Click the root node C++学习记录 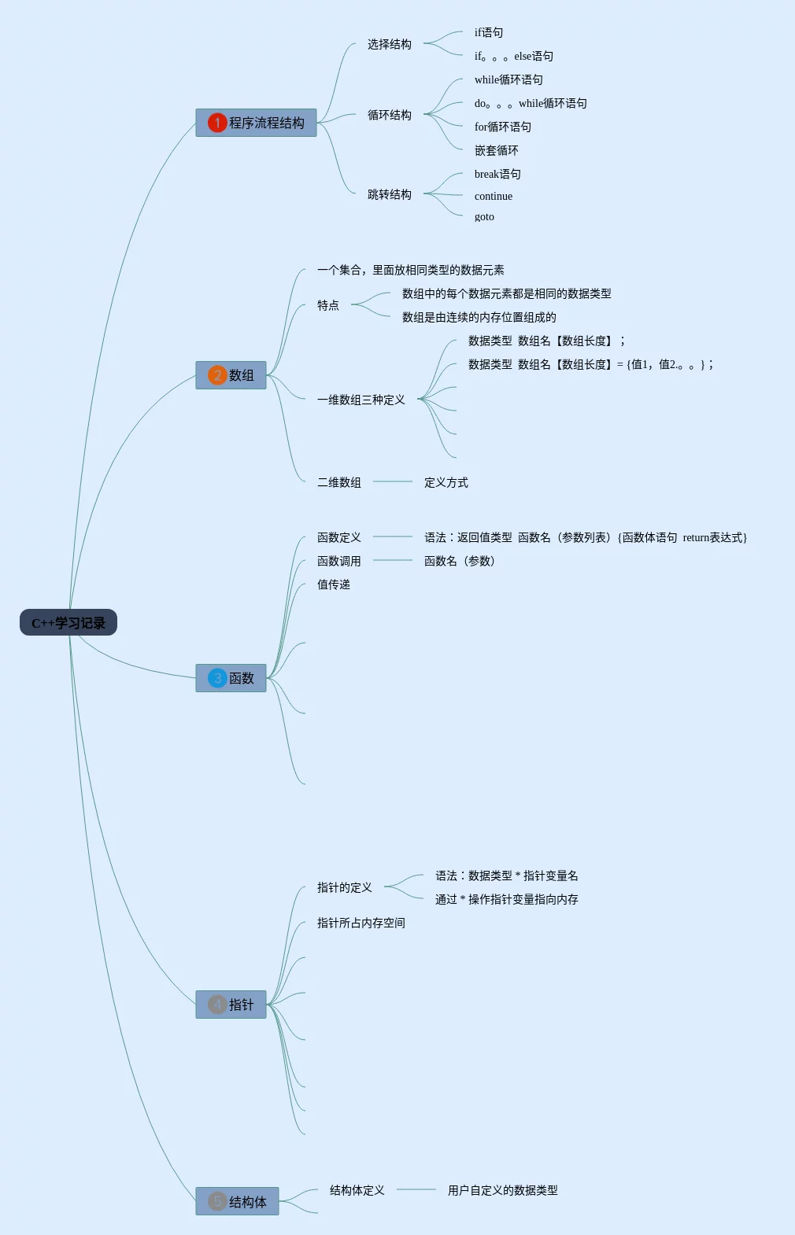(68, 623)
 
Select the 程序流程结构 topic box (257, 123)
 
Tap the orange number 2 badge (217, 375)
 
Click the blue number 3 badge (217, 678)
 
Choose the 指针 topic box (231, 1005)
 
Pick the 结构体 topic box (238, 1201)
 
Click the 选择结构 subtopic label (389, 44)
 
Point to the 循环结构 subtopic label (389, 115)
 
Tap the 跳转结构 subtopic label (389, 194)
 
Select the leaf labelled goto (484, 217)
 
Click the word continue (493, 197)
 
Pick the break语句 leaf (497, 174)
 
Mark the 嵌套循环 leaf (496, 150)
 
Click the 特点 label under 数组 (327, 305)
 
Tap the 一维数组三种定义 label (361, 400)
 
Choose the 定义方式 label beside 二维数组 (446, 482)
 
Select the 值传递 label (334, 584)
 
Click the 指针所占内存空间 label (361, 923)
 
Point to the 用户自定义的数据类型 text (502, 1190)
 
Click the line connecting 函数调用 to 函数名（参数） (393, 560)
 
